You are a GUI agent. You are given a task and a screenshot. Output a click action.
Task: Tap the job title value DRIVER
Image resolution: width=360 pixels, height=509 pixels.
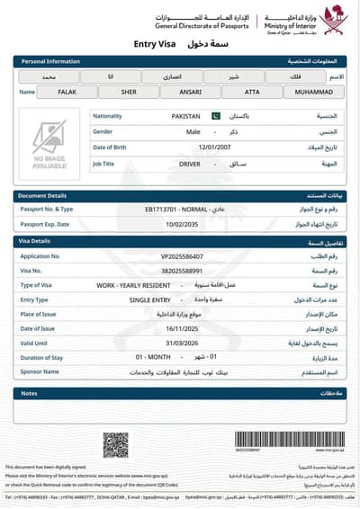click(190, 164)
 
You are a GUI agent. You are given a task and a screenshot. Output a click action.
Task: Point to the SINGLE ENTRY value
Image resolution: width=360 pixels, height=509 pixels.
click(148, 299)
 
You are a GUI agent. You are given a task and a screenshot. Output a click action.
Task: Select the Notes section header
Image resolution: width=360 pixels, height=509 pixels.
click(29, 393)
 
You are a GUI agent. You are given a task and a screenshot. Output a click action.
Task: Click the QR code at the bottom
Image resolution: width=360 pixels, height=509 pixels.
click(114, 444)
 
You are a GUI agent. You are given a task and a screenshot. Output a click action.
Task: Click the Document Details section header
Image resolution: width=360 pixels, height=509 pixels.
click(44, 195)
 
